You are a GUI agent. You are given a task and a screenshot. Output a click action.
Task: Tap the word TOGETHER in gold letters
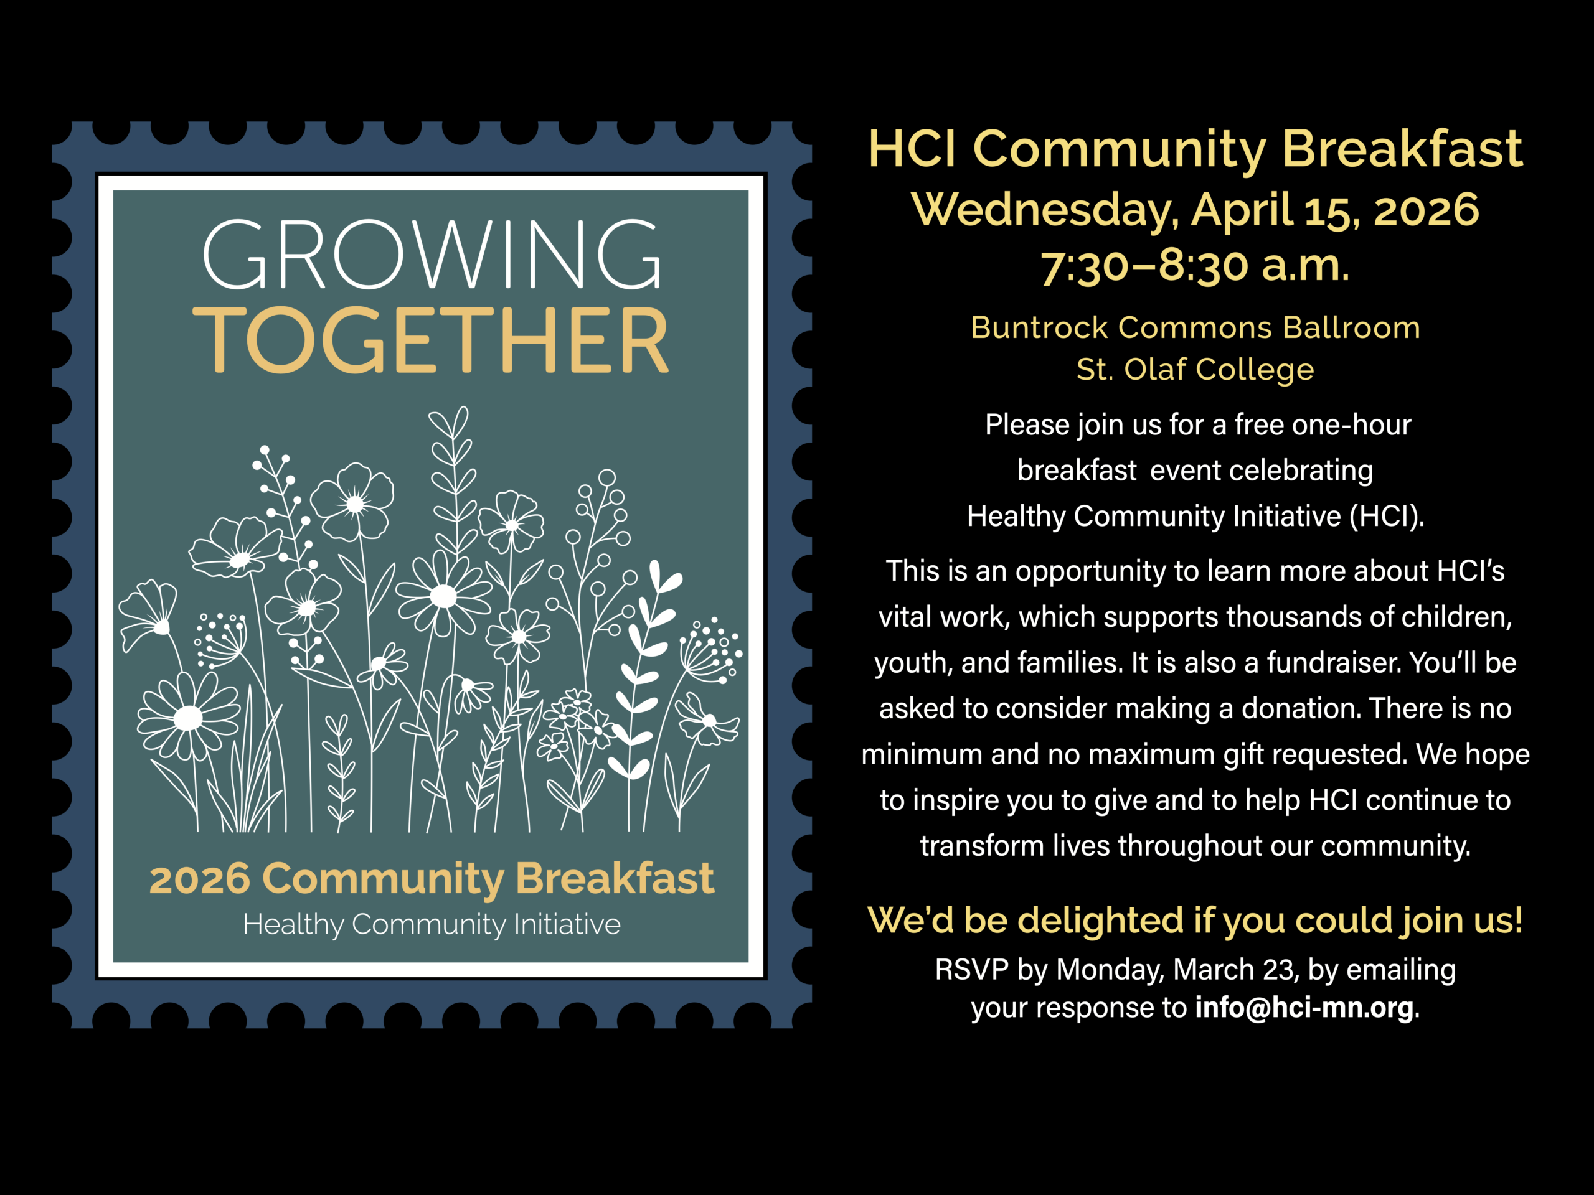pyautogui.click(x=431, y=339)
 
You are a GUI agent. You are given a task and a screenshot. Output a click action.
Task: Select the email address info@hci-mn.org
pyautogui.click(x=1304, y=1006)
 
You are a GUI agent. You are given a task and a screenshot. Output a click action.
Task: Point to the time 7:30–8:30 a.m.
pyautogui.click(x=1195, y=266)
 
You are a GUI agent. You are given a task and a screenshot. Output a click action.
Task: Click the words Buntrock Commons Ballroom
pyautogui.click(x=1195, y=328)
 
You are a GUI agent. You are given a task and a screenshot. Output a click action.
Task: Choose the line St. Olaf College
pyautogui.click(x=1195, y=370)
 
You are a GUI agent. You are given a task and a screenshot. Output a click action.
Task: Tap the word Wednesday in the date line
pyautogui.click(x=1045, y=211)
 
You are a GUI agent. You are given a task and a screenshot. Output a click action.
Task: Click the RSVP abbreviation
pyautogui.click(x=971, y=970)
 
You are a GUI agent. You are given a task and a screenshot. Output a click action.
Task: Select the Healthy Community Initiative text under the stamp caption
pyautogui.click(x=432, y=925)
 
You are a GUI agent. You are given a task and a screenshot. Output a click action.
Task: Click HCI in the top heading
pyautogui.click(x=913, y=149)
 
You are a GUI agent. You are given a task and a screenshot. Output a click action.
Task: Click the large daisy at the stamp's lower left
pyautogui.click(x=189, y=718)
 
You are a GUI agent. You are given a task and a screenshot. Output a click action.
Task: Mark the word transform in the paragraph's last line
pyautogui.click(x=981, y=846)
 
